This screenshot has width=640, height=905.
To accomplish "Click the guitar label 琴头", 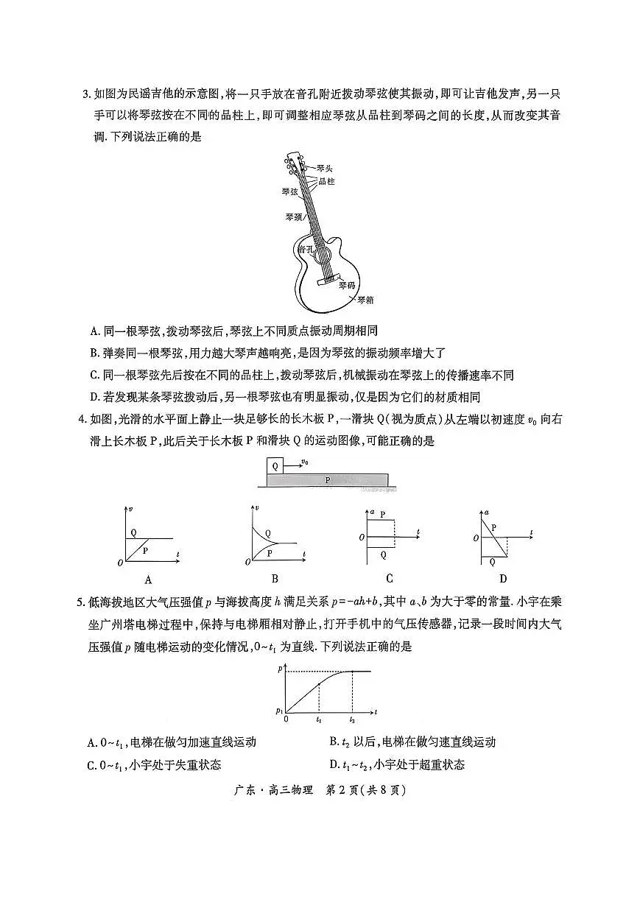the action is coord(325,169).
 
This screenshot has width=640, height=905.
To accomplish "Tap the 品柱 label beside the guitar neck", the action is coord(326,180).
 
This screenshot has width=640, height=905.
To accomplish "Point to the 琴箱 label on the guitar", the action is coord(365,300).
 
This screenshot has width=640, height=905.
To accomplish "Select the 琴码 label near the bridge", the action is coord(347,284).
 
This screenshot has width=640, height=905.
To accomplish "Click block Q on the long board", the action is coord(275,466).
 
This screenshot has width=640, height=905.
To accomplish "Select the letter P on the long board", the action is coord(328,480).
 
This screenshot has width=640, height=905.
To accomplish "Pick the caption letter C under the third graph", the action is coord(389,578).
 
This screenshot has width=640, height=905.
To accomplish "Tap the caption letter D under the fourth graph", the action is coord(503,578).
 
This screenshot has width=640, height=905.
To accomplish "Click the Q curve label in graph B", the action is coord(267,533).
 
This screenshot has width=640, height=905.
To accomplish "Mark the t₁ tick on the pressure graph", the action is coord(319,719).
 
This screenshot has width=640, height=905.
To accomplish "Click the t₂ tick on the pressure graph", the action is coord(352,719).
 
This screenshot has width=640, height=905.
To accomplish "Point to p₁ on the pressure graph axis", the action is coord(279,711).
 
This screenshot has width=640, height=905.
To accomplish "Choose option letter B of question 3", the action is coord(94,353).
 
